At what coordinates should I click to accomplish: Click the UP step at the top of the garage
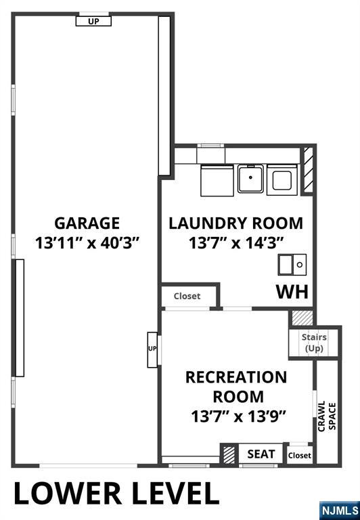pyautogui.click(x=93, y=21)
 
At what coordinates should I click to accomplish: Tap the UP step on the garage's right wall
pyautogui.click(x=152, y=349)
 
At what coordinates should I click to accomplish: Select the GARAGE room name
pyautogui.click(x=87, y=223)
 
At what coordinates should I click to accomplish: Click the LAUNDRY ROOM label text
pyautogui.click(x=235, y=223)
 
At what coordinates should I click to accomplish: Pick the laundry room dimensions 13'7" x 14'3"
pyautogui.click(x=235, y=242)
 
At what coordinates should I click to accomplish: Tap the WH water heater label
pyautogui.click(x=292, y=292)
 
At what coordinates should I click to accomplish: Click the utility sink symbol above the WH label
pyautogui.click(x=292, y=264)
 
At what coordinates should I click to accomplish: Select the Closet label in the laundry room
pyautogui.click(x=187, y=296)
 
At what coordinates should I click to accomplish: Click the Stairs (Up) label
pyautogui.click(x=314, y=343)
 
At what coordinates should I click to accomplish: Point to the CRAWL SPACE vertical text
pyautogui.click(x=326, y=416)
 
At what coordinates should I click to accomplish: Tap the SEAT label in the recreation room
pyautogui.click(x=261, y=454)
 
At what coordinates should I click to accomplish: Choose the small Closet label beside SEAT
pyautogui.click(x=299, y=456)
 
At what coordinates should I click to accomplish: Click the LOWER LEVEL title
pyautogui.click(x=116, y=494)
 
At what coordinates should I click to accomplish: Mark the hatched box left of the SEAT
pyautogui.click(x=229, y=454)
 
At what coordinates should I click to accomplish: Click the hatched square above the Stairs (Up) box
pyautogui.click(x=302, y=317)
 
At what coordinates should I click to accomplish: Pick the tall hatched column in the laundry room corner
pyautogui.click(x=307, y=171)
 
